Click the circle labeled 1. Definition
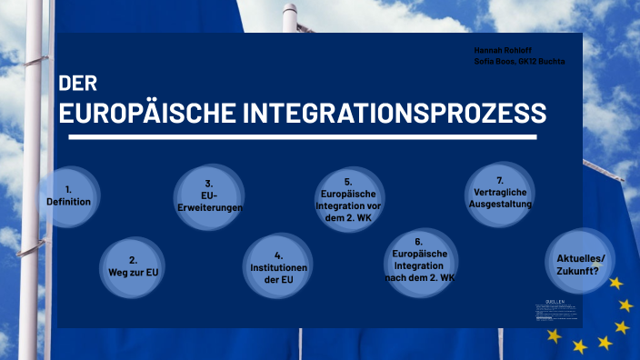[69, 195]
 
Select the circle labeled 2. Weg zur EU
[133, 265]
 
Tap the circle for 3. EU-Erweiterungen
[209, 195]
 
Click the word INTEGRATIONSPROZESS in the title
[395, 114]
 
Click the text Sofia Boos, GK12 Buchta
[519, 61]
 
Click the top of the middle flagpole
[289, 11]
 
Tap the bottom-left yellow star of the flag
[554, 335]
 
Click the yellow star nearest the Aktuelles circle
[616, 283]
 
